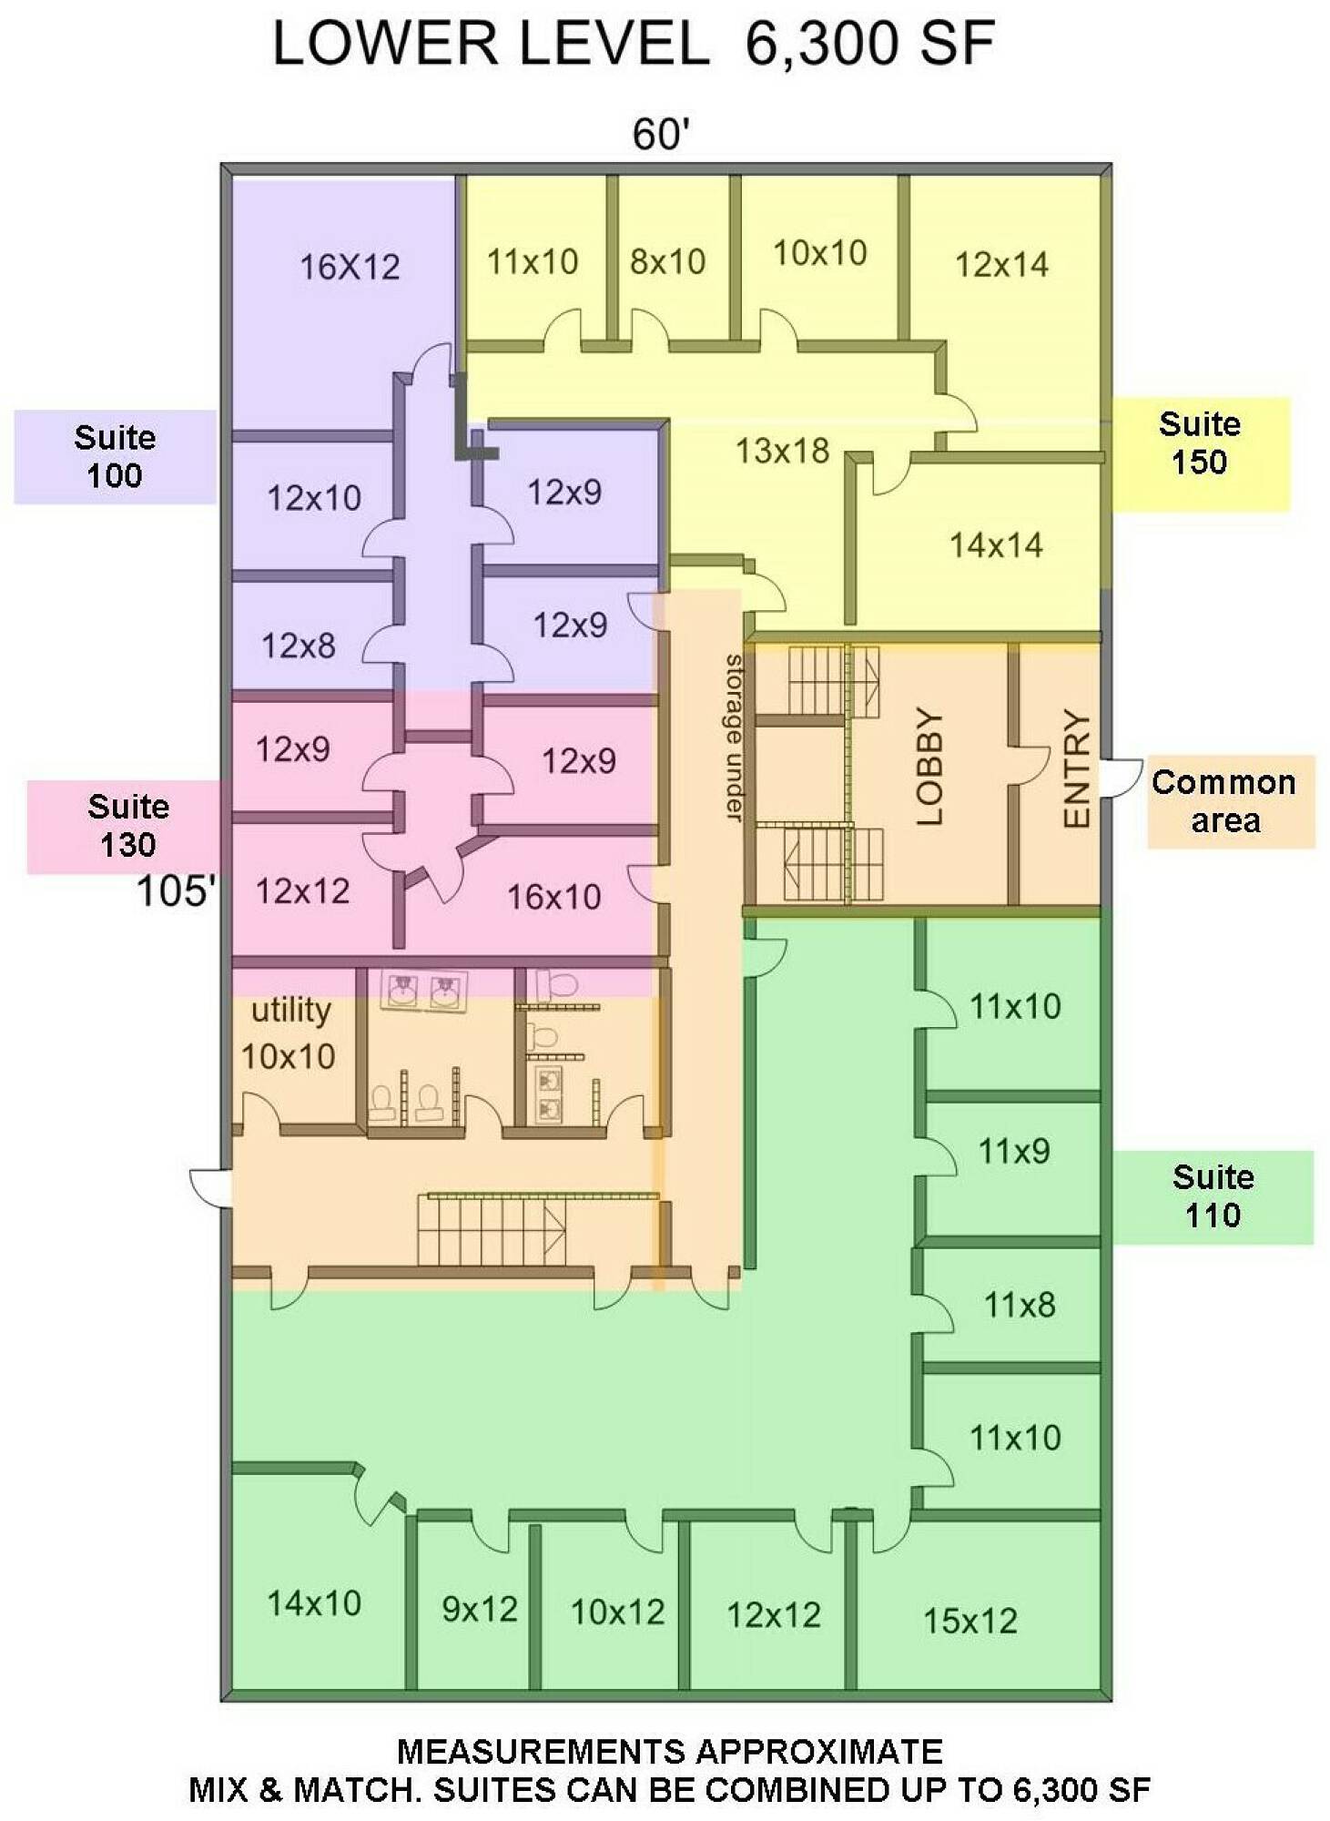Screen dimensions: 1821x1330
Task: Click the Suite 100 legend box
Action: pyautogui.click(x=115, y=456)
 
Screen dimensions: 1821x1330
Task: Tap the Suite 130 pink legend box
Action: pyautogui.click(x=126, y=826)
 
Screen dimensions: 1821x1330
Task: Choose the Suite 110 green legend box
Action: pyautogui.click(x=1212, y=1196)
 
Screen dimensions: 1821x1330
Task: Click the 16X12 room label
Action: pyautogui.click(x=350, y=267)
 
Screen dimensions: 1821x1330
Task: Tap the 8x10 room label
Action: pyautogui.click(x=667, y=262)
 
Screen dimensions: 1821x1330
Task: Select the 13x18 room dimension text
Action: pyautogui.click(x=782, y=451)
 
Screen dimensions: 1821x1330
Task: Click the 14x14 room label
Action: pyautogui.click(x=995, y=545)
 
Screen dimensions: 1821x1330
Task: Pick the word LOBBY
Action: pyautogui.click(x=929, y=767)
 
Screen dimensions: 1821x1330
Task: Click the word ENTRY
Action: pyautogui.click(x=1077, y=768)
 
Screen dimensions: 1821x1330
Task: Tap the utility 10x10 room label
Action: pyautogui.click(x=289, y=1033)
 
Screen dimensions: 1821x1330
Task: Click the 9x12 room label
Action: pyautogui.click(x=480, y=1610)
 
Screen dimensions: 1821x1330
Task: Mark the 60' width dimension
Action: pyautogui.click(x=661, y=135)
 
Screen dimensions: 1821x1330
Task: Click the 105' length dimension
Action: pyautogui.click(x=177, y=890)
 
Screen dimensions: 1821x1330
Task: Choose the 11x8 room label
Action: pyautogui.click(x=1020, y=1305)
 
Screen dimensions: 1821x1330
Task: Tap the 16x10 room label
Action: pyautogui.click(x=553, y=898)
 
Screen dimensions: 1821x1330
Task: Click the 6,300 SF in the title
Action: pyautogui.click(x=869, y=43)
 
